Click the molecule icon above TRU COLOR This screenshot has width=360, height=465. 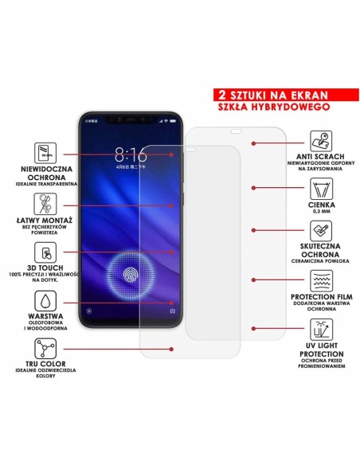pos(45,348)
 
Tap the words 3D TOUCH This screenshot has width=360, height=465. pos(45,268)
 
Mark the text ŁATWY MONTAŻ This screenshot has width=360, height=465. pos(45,219)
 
